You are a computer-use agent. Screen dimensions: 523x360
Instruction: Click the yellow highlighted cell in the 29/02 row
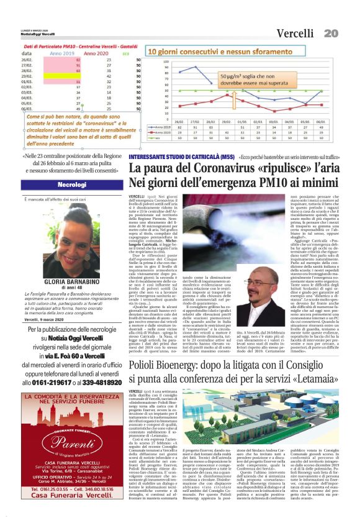click(61, 76)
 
